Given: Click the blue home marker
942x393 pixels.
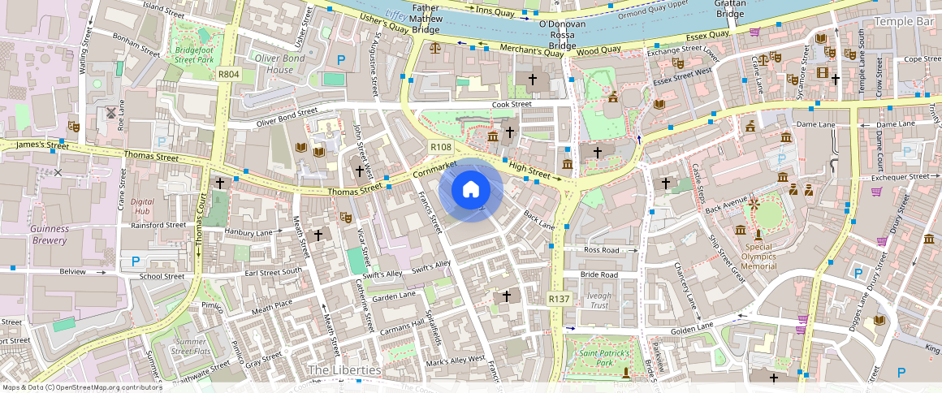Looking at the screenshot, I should (x=470, y=190).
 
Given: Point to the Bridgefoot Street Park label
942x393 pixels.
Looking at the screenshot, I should (x=193, y=54).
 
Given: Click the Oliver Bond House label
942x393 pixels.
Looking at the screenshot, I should (x=274, y=64).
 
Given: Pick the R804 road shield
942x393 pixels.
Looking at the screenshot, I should (x=229, y=74).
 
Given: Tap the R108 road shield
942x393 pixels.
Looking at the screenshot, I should (x=441, y=146).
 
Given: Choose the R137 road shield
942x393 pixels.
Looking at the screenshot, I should (x=559, y=299).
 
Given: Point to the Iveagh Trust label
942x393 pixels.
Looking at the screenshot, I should (x=599, y=300).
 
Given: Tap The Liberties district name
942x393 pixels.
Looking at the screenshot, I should (x=344, y=370).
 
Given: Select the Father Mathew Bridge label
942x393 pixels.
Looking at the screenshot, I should (x=426, y=17).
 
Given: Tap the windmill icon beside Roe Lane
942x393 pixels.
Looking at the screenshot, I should (x=111, y=112).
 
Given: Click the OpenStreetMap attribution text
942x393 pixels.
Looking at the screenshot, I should (x=82, y=387).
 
